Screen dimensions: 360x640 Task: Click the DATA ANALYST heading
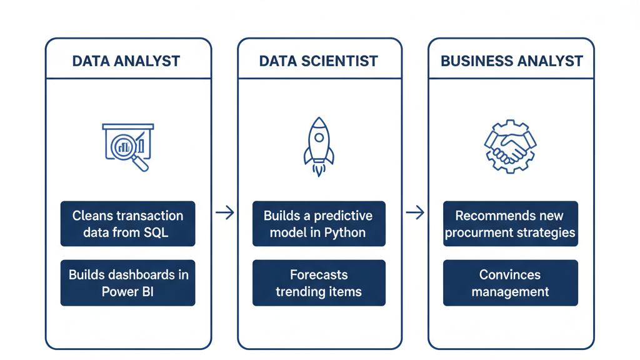tap(126, 61)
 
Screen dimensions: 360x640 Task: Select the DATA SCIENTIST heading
tap(319, 61)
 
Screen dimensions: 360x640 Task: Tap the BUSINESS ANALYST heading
tap(511, 61)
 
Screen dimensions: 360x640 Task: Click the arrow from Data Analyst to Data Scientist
tap(224, 213)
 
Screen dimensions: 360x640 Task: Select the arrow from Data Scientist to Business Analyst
tap(415, 213)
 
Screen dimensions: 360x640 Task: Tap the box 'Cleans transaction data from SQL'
tap(127, 224)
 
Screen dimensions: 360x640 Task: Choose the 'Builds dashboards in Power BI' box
tap(127, 282)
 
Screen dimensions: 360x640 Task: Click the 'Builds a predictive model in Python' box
tap(319, 224)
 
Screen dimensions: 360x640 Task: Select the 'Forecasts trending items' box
tap(319, 282)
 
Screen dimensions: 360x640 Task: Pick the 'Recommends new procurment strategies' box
tap(510, 224)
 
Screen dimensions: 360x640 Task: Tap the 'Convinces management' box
tap(510, 282)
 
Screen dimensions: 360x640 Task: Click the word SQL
tap(155, 233)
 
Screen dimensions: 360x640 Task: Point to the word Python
tap(345, 233)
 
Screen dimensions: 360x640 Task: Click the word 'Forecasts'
tap(319, 274)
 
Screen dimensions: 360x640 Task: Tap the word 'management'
tap(510, 292)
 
